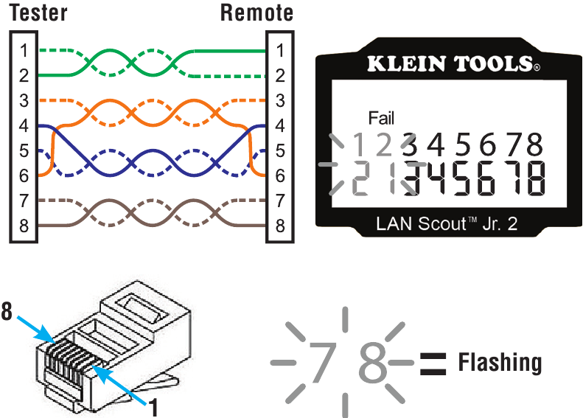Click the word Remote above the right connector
pos(257,13)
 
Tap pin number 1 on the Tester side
pos(24,51)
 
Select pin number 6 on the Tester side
pos(24,176)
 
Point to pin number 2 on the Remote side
pos(280,76)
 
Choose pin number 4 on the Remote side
pos(280,126)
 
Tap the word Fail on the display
pos(381,118)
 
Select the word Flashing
pos(500,363)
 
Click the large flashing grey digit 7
pos(323,362)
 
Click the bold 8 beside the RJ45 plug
pos(7,313)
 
